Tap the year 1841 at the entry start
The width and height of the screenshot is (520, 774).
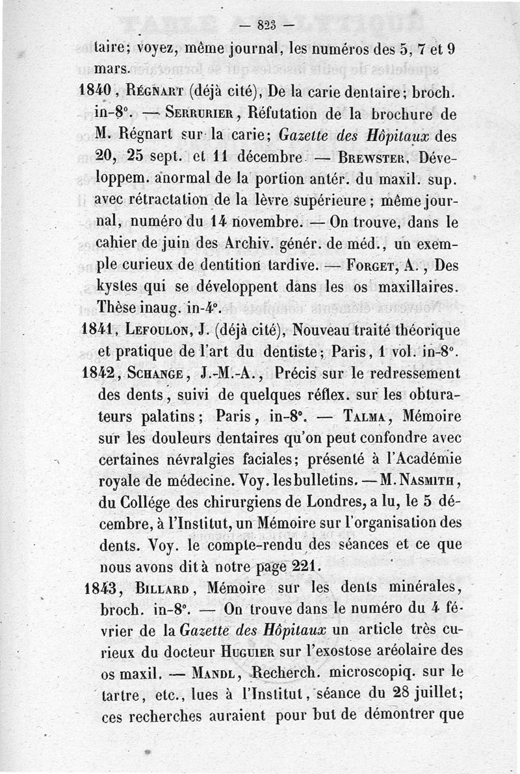point(97,330)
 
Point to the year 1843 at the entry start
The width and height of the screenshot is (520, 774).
point(103,588)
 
